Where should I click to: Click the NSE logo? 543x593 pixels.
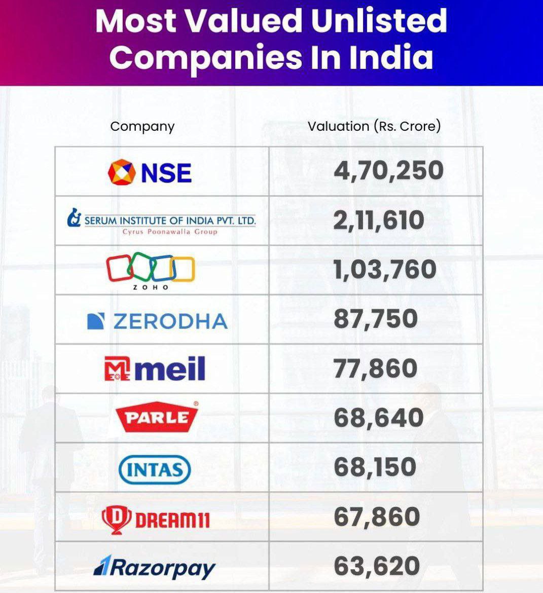(150, 172)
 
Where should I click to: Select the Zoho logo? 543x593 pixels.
(151, 271)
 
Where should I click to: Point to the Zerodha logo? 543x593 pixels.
(157, 321)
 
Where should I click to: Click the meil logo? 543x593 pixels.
(155, 368)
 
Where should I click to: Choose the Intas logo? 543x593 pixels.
(154, 469)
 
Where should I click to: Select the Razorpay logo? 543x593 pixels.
(155, 567)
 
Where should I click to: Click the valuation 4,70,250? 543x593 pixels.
(388, 170)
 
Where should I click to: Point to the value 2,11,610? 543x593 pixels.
(378, 220)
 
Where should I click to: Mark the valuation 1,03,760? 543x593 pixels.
(385, 269)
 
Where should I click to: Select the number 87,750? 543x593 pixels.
(376, 319)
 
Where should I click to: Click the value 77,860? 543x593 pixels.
(376, 368)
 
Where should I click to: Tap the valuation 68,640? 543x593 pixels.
(378, 418)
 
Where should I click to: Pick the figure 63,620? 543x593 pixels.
(377, 566)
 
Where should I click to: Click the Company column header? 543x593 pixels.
(142, 126)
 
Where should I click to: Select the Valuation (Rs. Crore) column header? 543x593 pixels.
(374, 126)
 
